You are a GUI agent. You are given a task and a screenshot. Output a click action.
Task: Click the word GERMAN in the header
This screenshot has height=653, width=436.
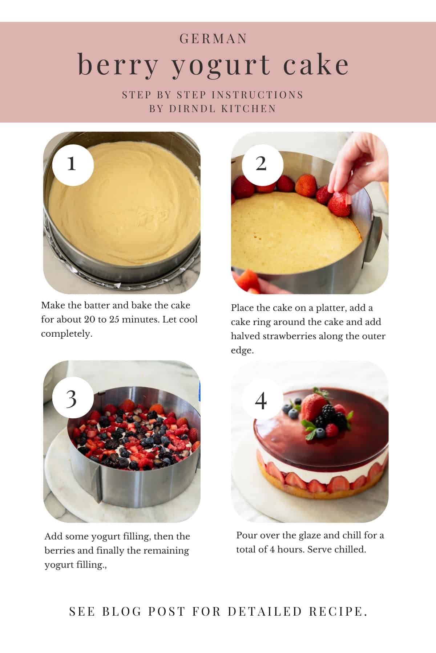click(x=213, y=39)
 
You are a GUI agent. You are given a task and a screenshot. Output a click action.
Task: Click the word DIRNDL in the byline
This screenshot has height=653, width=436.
click(x=193, y=108)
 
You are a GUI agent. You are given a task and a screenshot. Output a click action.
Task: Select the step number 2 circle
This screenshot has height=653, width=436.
click(x=262, y=165)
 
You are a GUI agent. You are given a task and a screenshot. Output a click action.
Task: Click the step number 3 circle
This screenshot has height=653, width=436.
click(x=72, y=399)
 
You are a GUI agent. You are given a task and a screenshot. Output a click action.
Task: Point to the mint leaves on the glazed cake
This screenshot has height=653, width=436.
click(x=309, y=432)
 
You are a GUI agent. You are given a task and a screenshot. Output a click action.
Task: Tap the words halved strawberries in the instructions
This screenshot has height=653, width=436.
click(x=274, y=336)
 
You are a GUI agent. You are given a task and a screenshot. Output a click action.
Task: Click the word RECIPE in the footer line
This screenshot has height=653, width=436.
click(x=338, y=611)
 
